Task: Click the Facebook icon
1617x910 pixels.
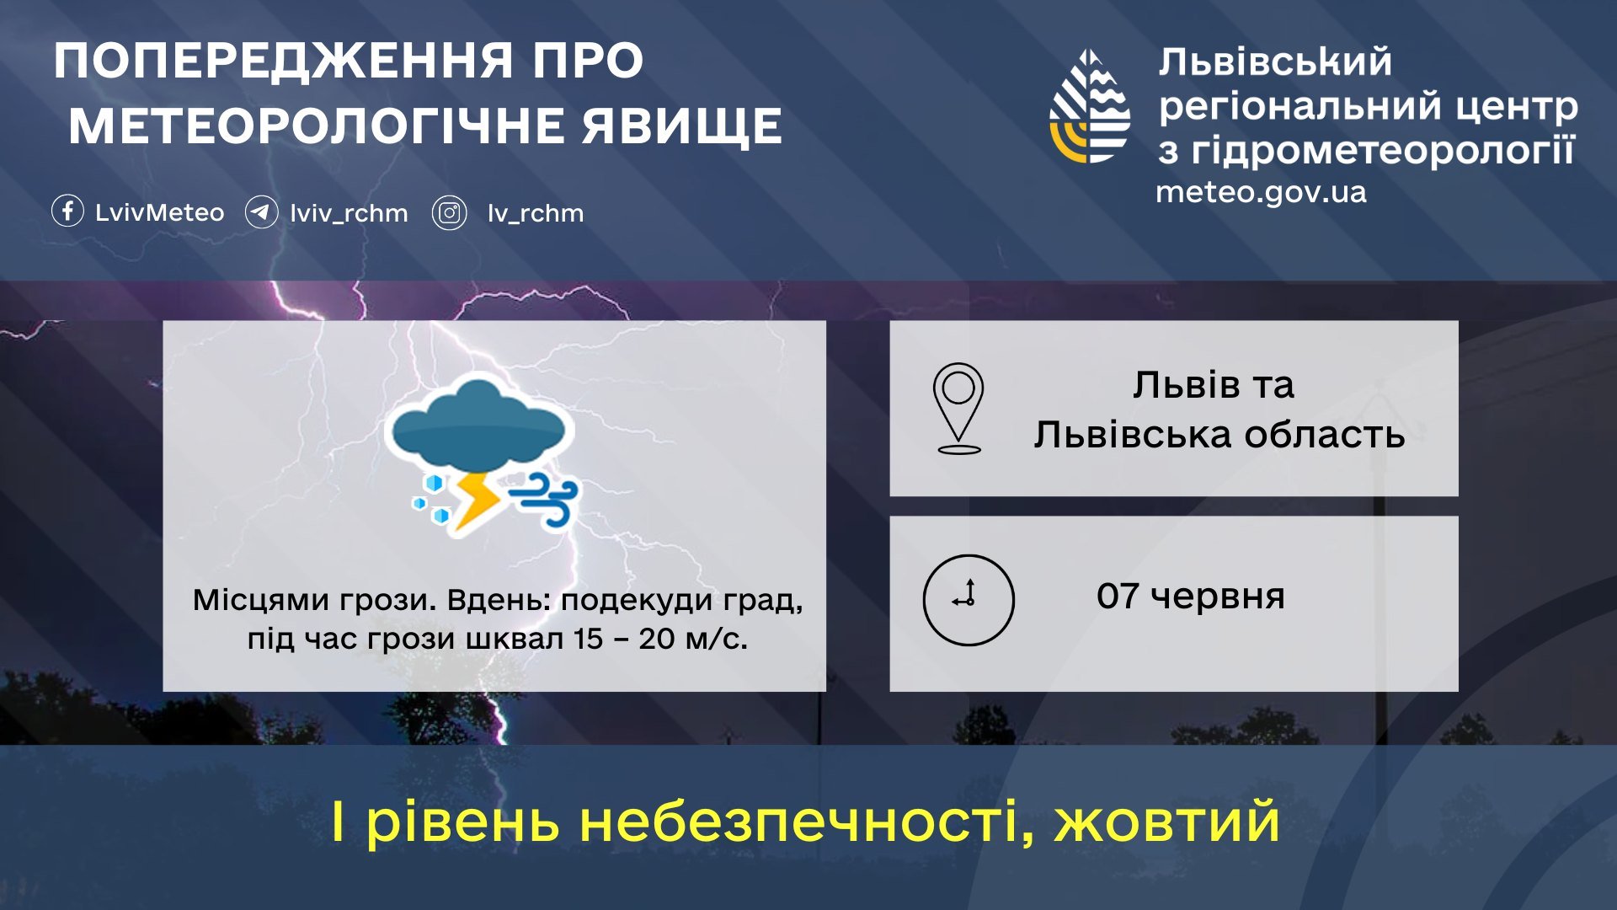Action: point(67,211)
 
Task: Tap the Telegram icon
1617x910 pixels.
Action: point(261,212)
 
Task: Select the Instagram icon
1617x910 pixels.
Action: point(450,213)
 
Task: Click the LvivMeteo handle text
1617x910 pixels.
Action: point(159,212)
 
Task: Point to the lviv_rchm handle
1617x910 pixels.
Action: point(349,213)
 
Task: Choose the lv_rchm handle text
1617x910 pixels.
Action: point(536,213)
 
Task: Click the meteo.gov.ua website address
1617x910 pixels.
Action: point(1261,193)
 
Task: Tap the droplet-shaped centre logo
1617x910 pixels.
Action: point(1090,106)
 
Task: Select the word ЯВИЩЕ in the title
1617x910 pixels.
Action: point(682,126)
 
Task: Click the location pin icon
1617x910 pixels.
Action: point(958,408)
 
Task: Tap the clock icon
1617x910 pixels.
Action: point(969,600)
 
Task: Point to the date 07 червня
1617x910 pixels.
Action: point(1190,597)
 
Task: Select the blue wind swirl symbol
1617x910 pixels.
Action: point(544,498)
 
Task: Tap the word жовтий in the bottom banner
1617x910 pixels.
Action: point(1167,822)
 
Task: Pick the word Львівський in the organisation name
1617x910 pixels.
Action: point(1275,62)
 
